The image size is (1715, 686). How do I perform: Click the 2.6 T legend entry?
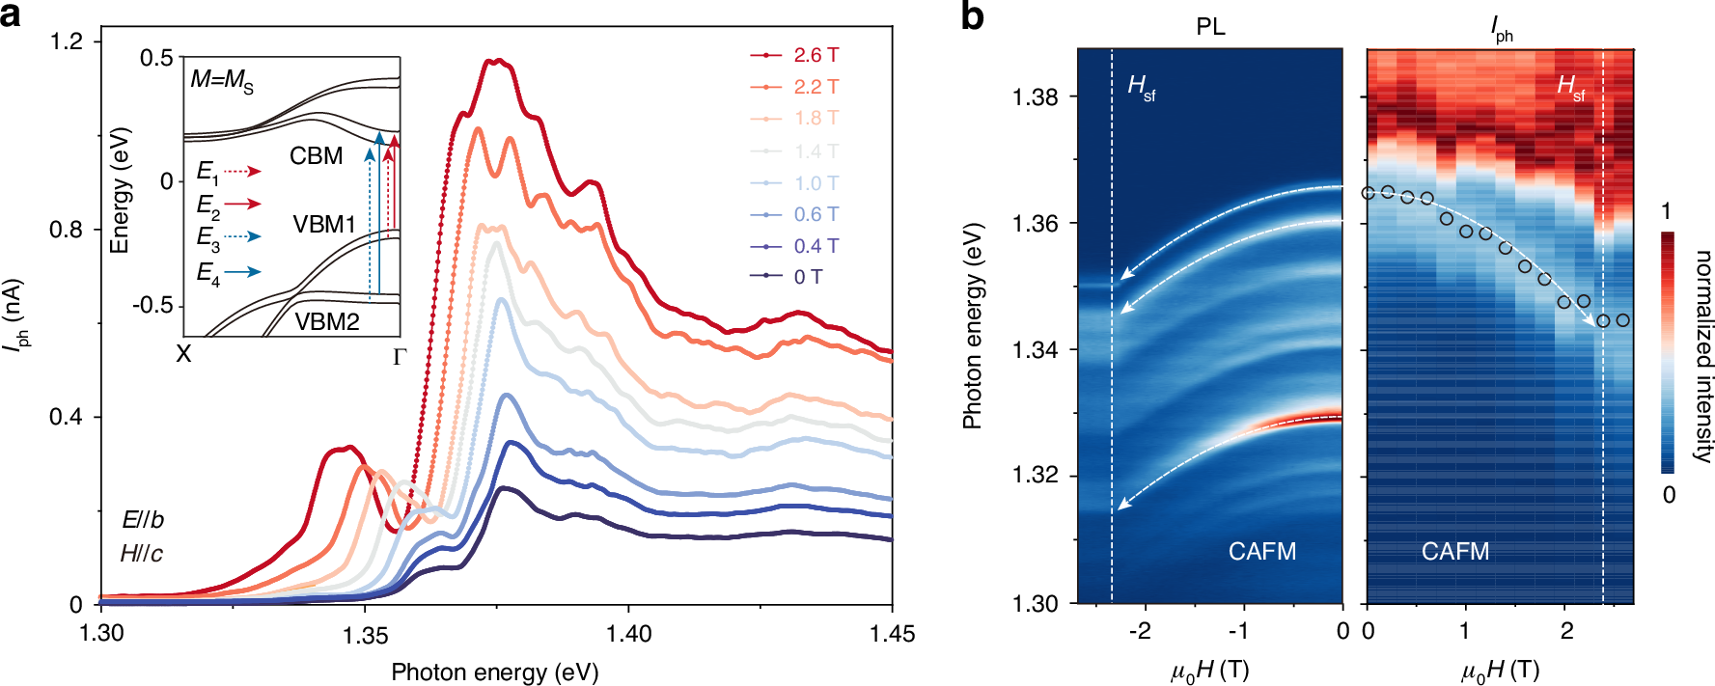click(816, 55)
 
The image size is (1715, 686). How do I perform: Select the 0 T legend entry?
click(808, 277)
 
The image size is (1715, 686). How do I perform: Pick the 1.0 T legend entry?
click(816, 183)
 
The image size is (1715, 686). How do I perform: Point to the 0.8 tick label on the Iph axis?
click(67, 230)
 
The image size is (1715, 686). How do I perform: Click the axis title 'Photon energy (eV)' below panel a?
click(494, 672)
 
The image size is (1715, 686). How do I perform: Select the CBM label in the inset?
click(317, 156)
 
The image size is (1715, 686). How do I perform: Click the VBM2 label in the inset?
click(327, 322)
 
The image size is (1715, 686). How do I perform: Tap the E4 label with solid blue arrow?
click(208, 274)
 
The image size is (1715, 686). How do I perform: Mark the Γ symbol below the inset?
click(400, 357)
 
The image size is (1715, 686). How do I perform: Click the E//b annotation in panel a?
click(143, 520)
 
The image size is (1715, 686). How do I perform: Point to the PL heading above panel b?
click(1210, 27)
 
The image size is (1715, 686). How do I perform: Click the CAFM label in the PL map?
click(1261, 552)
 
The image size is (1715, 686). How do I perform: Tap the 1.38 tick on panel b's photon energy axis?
click(1036, 96)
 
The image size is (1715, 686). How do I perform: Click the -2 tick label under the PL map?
click(1140, 632)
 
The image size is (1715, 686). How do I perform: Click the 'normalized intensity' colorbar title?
click(1702, 356)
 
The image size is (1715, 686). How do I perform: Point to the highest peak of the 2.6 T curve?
click(494, 61)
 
